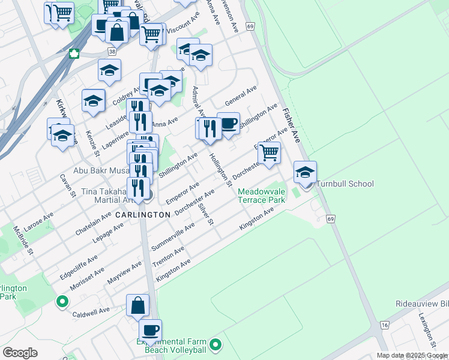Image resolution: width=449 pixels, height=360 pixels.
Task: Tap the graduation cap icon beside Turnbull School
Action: [306, 172]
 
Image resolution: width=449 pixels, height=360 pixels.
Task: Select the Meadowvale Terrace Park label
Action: [261, 196]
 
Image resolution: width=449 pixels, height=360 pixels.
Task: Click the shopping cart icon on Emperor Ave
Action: [270, 153]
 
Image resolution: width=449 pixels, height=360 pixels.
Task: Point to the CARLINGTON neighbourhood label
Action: [143, 214]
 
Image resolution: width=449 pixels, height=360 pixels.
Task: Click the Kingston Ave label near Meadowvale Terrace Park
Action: [256, 218]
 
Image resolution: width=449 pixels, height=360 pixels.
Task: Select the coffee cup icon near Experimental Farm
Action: [150, 329]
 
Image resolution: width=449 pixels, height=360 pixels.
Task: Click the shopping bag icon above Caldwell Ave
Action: [138, 305]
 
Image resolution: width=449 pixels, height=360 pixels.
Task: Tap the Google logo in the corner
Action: [20, 353]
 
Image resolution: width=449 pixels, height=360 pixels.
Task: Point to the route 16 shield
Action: [384, 325]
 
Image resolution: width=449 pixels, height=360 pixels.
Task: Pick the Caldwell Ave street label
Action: [91, 311]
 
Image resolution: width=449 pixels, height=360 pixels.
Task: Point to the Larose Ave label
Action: [40, 220]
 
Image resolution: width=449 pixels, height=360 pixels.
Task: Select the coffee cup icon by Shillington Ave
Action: [228, 124]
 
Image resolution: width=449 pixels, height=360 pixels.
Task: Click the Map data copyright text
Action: [412, 355]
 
